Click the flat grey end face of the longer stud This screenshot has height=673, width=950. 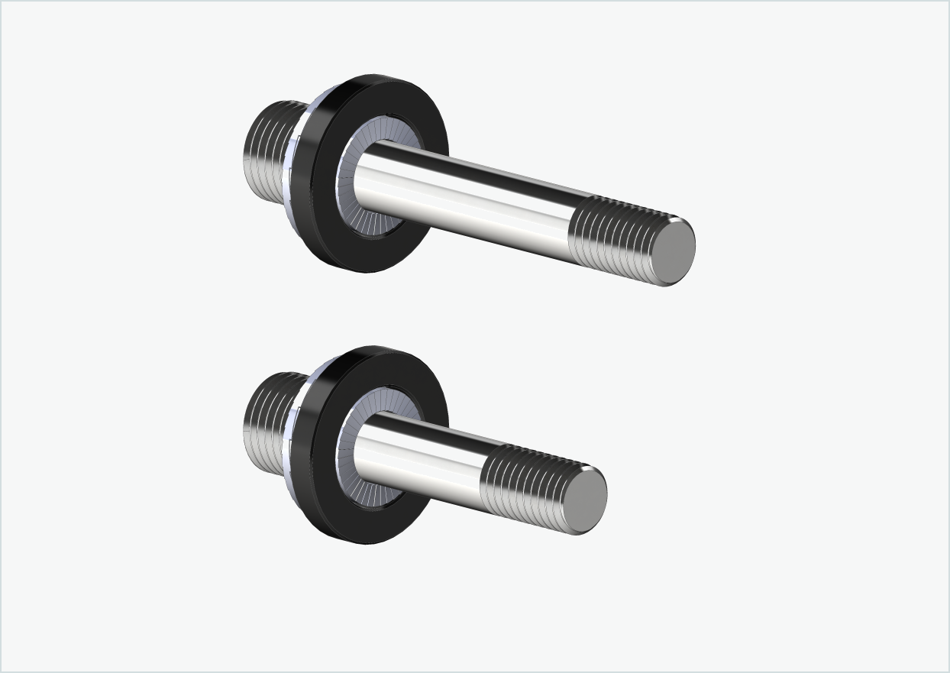coord(675,248)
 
